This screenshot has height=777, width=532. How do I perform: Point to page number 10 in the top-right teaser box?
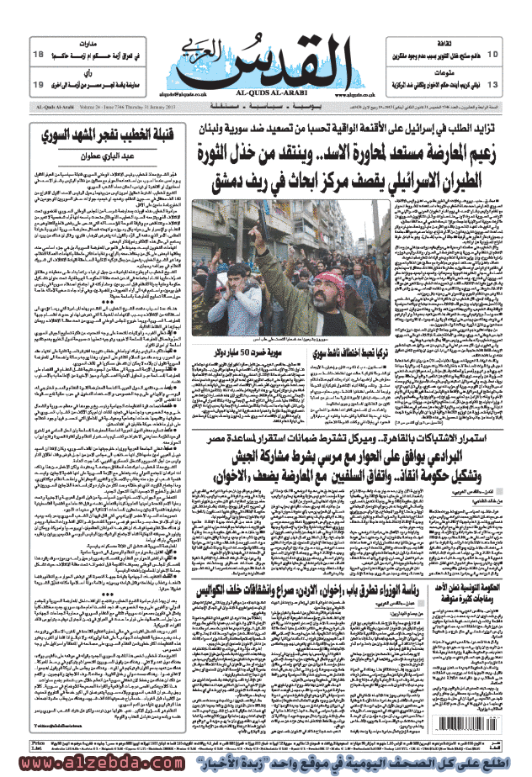(492, 55)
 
